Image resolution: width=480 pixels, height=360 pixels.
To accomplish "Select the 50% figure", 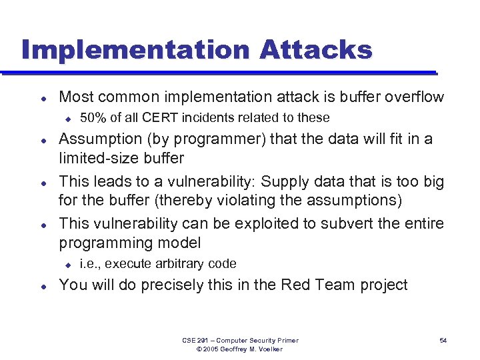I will pos(93,118).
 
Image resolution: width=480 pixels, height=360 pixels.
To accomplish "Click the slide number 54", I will pos(443,341).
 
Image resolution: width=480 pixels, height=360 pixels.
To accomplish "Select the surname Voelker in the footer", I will pos(269,349).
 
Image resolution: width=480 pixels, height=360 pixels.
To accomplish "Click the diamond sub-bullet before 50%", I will pos(67,118).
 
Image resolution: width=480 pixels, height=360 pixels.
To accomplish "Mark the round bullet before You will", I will pos(42,285).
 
